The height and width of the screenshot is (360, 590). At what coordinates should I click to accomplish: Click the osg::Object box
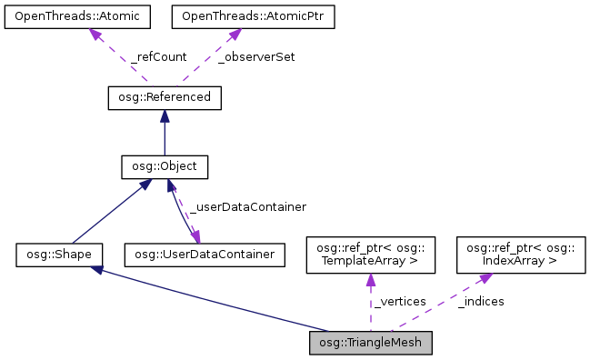tap(165, 166)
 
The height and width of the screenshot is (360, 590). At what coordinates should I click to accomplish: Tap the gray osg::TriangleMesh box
tap(369, 343)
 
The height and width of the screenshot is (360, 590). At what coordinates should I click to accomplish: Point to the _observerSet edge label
tap(257, 56)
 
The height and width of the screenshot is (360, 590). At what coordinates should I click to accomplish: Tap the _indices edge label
tap(481, 301)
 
